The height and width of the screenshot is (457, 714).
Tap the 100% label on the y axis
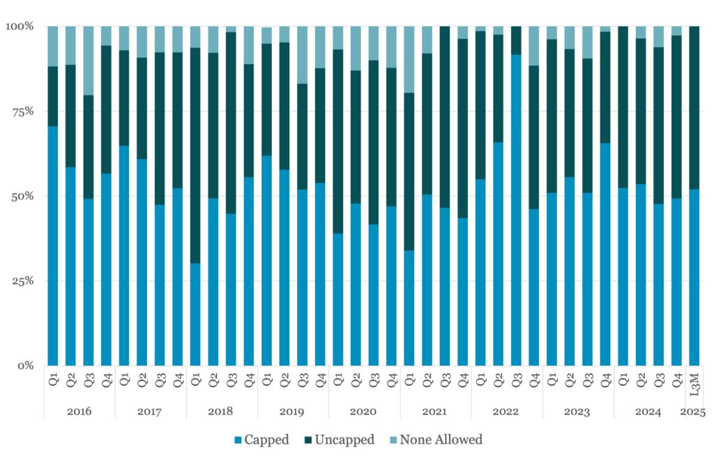[20, 27]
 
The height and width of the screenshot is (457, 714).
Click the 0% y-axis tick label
[26, 366]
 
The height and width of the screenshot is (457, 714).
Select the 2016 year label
[79, 412]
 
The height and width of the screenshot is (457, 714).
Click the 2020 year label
[364, 412]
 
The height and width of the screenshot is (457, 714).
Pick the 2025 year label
[694, 412]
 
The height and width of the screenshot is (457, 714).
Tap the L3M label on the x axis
[694, 386]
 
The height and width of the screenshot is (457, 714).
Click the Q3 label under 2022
[516, 386]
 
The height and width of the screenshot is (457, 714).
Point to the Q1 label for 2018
[195, 386]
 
